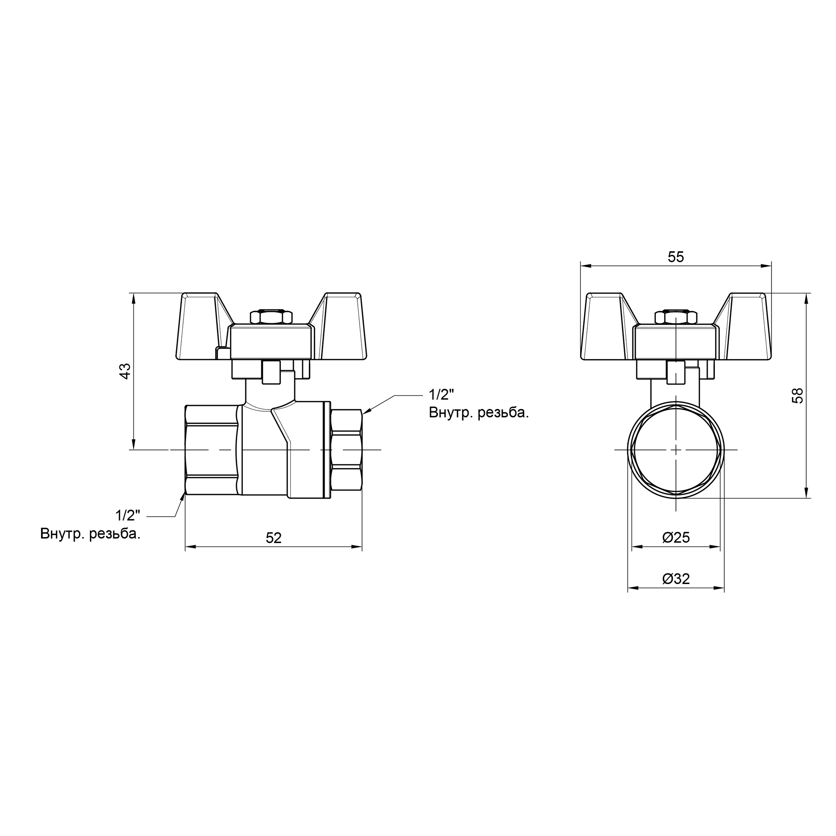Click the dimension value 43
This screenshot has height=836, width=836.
point(125,371)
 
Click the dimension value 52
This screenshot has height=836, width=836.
point(273,538)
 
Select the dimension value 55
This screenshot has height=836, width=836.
point(676,257)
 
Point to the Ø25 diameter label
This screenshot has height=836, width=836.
point(676,538)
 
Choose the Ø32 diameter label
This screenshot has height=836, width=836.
point(676,579)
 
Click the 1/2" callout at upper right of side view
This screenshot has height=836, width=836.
point(441,394)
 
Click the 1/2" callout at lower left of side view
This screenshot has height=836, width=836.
point(128,515)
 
